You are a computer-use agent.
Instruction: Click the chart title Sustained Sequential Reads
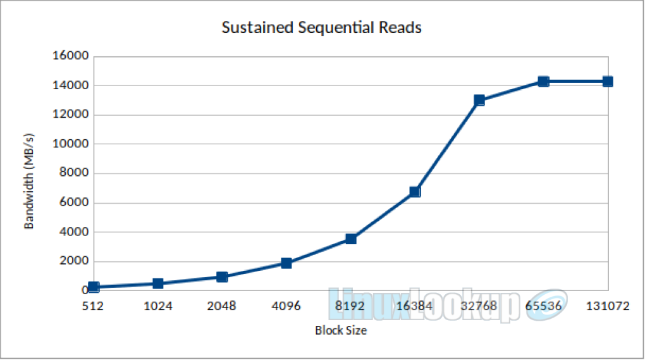(x=321, y=28)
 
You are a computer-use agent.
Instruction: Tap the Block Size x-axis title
(x=341, y=330)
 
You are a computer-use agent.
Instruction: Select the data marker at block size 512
(x=94, y=287)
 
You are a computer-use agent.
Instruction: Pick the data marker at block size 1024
(x=158, y=283)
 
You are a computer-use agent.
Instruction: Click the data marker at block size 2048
(x=222, y=276)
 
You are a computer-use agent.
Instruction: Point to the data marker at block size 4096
(x=286, y=263)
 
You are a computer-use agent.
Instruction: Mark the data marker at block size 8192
(x=351, y=239)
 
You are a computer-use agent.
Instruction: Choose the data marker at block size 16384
(x=415, y=192)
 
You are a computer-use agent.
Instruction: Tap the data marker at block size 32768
(x=479, y=100)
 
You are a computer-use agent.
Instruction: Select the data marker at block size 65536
(x=543, y=82)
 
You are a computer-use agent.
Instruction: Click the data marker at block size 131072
(x=608, y=82)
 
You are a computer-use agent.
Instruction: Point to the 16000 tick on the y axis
(x=71, y=56)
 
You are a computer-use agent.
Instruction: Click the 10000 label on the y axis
(x=71, y=144)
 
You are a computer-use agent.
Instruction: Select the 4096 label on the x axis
(x=286, y=306)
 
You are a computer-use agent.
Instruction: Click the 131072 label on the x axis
(x=608, y=306)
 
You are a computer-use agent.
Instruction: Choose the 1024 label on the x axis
(x=157, y=306)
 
